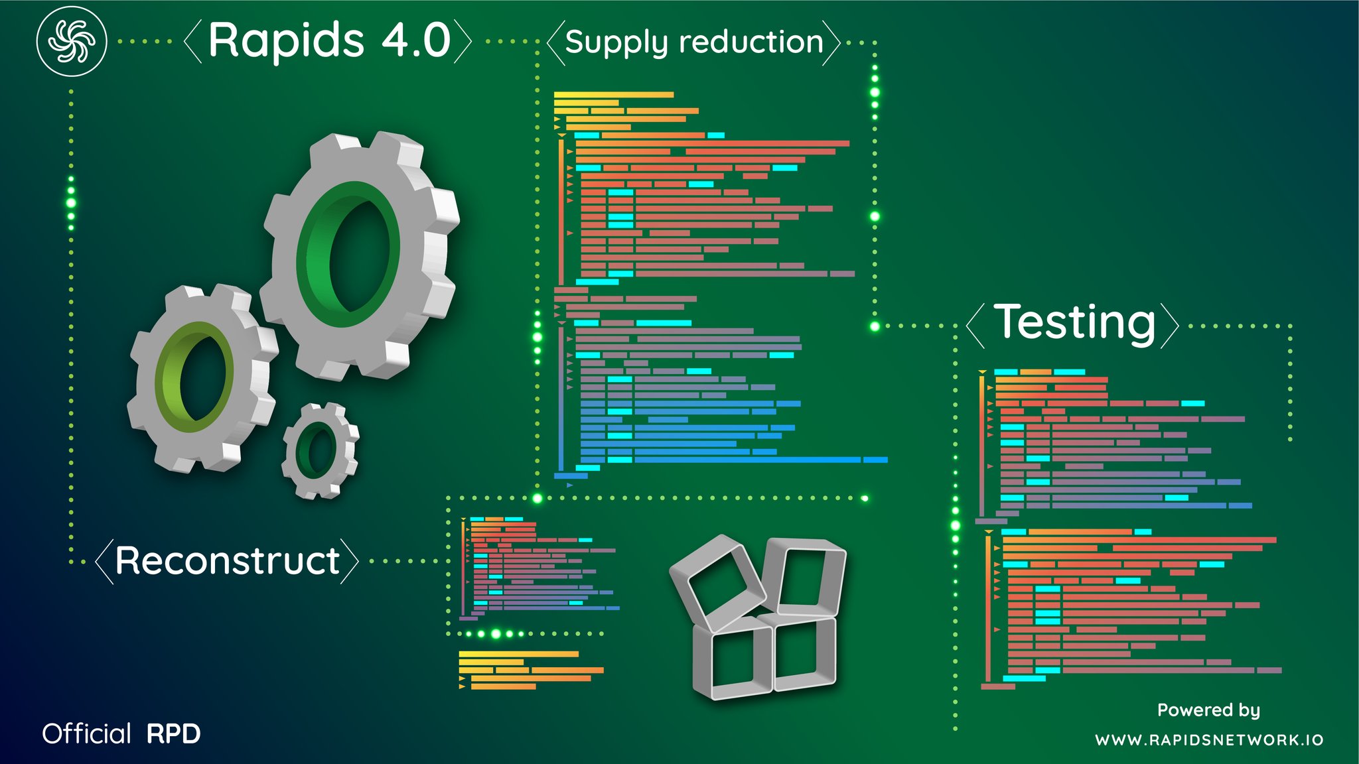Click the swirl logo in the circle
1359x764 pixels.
(x=72, y=41)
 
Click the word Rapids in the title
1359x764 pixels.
(x=286, y=41)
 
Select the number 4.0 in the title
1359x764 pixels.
(x=417, y=40)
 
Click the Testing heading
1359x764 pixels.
(x=1075, y=323)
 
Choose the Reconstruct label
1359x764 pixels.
(x=228, y=560)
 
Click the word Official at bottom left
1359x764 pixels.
(x=87, y=733)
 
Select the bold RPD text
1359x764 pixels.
(x=173, y=734)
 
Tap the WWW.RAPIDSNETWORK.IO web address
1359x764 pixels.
(x=1209, y=740)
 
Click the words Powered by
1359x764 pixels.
(x=1208, y=710)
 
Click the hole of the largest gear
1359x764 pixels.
(x=359, y=255)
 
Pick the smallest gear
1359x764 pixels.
(x=321, y=450)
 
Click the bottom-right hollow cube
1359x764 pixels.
(x=803, y=653)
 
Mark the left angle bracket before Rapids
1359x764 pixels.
(x=192, y=42)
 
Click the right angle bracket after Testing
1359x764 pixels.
(x=1169, y=325)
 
